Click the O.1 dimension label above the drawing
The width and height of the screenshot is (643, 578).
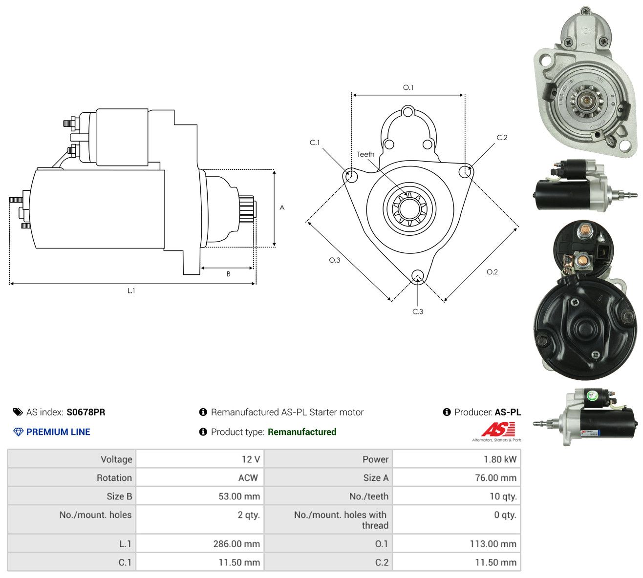(408, 87)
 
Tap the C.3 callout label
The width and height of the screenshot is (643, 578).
(417, 311)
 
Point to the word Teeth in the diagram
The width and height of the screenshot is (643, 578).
(365, 154)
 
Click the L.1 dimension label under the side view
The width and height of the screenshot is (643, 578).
(131, 290)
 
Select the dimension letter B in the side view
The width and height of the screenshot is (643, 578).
(228, 274)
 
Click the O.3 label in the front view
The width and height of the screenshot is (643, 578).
(334, 260)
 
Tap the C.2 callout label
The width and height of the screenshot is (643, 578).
(502, 138)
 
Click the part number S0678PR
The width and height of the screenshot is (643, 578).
(86, 412)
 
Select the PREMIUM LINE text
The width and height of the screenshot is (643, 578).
(58, 432)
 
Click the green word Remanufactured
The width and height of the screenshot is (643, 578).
(301, 432)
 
